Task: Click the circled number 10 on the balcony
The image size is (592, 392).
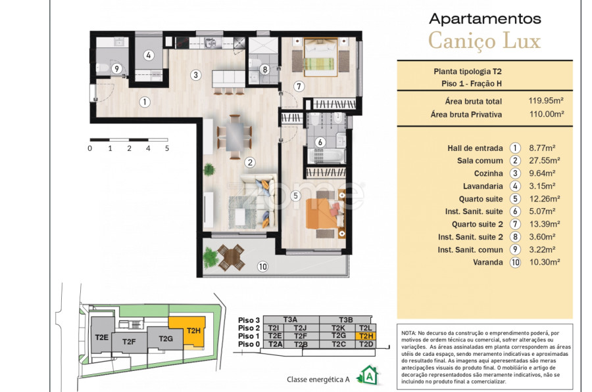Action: [262, 267]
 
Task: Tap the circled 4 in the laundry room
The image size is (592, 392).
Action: [149, 55]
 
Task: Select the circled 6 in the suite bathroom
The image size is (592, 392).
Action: [320, 142]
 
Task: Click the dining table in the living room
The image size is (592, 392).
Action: [235, 136]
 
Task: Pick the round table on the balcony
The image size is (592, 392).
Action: [230, 257]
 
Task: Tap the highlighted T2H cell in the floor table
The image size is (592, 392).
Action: [366, 336]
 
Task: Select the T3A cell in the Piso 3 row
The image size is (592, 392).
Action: [291, 320]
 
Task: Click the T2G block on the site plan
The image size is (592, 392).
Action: [165, 339]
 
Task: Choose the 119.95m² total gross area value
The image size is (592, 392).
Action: [546, 100]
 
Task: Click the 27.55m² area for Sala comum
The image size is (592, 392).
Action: [545, 161]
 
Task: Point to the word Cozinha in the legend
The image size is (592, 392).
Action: [489, 173]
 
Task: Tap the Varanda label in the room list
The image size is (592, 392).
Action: [488, 263]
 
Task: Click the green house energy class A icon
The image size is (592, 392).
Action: [369, 376]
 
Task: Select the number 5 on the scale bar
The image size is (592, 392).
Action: [167, 148]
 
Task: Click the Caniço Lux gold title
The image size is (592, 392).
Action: [485, 41]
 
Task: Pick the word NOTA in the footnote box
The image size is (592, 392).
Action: [408, 333]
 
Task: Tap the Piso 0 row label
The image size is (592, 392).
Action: [249, 344]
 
